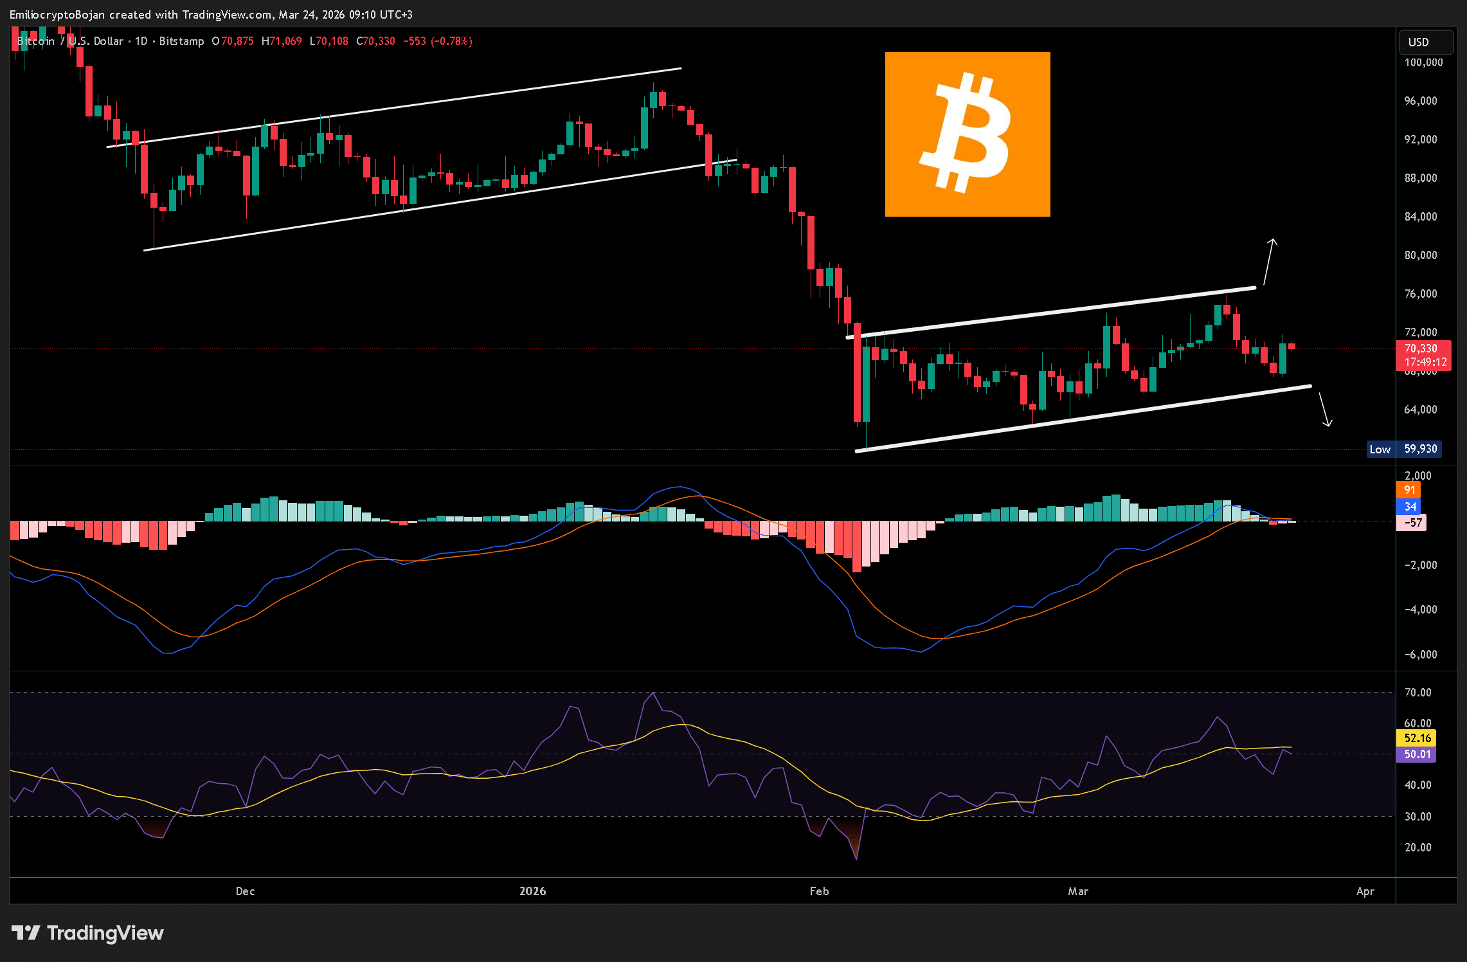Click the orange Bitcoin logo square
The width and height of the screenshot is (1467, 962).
coord(967,134)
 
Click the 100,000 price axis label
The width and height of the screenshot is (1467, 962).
coord(1423,62)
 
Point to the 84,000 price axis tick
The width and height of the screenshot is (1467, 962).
coord(1421,217)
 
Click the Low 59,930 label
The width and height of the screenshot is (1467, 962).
coord(1404,449)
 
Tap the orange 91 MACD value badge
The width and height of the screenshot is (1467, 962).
coord(1409,490)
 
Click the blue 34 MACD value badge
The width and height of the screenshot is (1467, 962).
coord(1409,507)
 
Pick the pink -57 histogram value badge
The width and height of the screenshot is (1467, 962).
coord(1412,522)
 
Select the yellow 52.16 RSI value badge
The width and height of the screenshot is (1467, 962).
coord(1417,738)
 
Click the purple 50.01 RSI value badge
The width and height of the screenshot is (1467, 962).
coord(1417,754)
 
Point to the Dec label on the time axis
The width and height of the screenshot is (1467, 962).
coord(245,891)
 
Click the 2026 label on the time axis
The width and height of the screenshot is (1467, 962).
coord(532,891)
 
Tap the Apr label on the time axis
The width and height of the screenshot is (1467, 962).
coord(1365,891)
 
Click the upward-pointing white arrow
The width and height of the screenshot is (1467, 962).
coord(1268,262)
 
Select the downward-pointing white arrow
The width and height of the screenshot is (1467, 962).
coord(1325,410)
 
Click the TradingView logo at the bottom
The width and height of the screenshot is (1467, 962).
coord(88,933)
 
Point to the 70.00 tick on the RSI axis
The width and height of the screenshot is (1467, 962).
coord(1417,693)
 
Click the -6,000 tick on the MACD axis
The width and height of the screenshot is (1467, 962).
coord(1419,655)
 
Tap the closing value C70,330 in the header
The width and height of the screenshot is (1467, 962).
coord(376,41)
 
